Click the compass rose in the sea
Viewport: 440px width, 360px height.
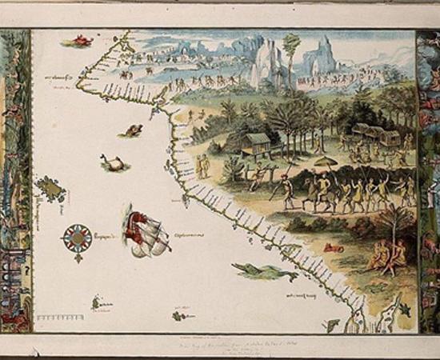[x=78, y=237]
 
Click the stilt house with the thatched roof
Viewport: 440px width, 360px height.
[x=256, y=143]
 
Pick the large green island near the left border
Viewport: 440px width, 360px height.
[x=51, y=190]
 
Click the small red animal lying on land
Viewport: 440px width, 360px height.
[x=333, y=248]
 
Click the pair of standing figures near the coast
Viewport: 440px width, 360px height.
[x=203, y=166]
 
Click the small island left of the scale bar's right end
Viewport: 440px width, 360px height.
[x=97, y=302]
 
